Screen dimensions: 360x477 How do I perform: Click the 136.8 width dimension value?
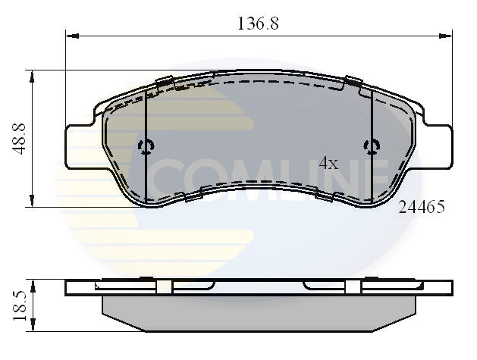[x=259, y=23]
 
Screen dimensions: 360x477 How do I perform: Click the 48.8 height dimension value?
[x=20, y=139]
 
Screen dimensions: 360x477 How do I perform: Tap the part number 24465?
[x=421, y=206]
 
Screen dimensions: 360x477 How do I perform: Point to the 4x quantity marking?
[x=328, y=163]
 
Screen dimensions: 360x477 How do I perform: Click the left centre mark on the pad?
[x=146, y=146]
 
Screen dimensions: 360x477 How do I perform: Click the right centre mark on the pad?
[x=371, y=146]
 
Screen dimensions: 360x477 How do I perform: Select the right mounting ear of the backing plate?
[x=437, y=146]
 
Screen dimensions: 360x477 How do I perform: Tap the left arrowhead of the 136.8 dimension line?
[x=71, y=35]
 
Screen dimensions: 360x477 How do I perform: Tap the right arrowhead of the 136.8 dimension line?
[x=447, y=35]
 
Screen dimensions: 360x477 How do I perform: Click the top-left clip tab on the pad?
[x=165, y=81]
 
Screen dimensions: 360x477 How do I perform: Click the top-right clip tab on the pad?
[x=353, y=81]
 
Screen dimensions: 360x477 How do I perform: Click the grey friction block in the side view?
[x=259, y=312]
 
